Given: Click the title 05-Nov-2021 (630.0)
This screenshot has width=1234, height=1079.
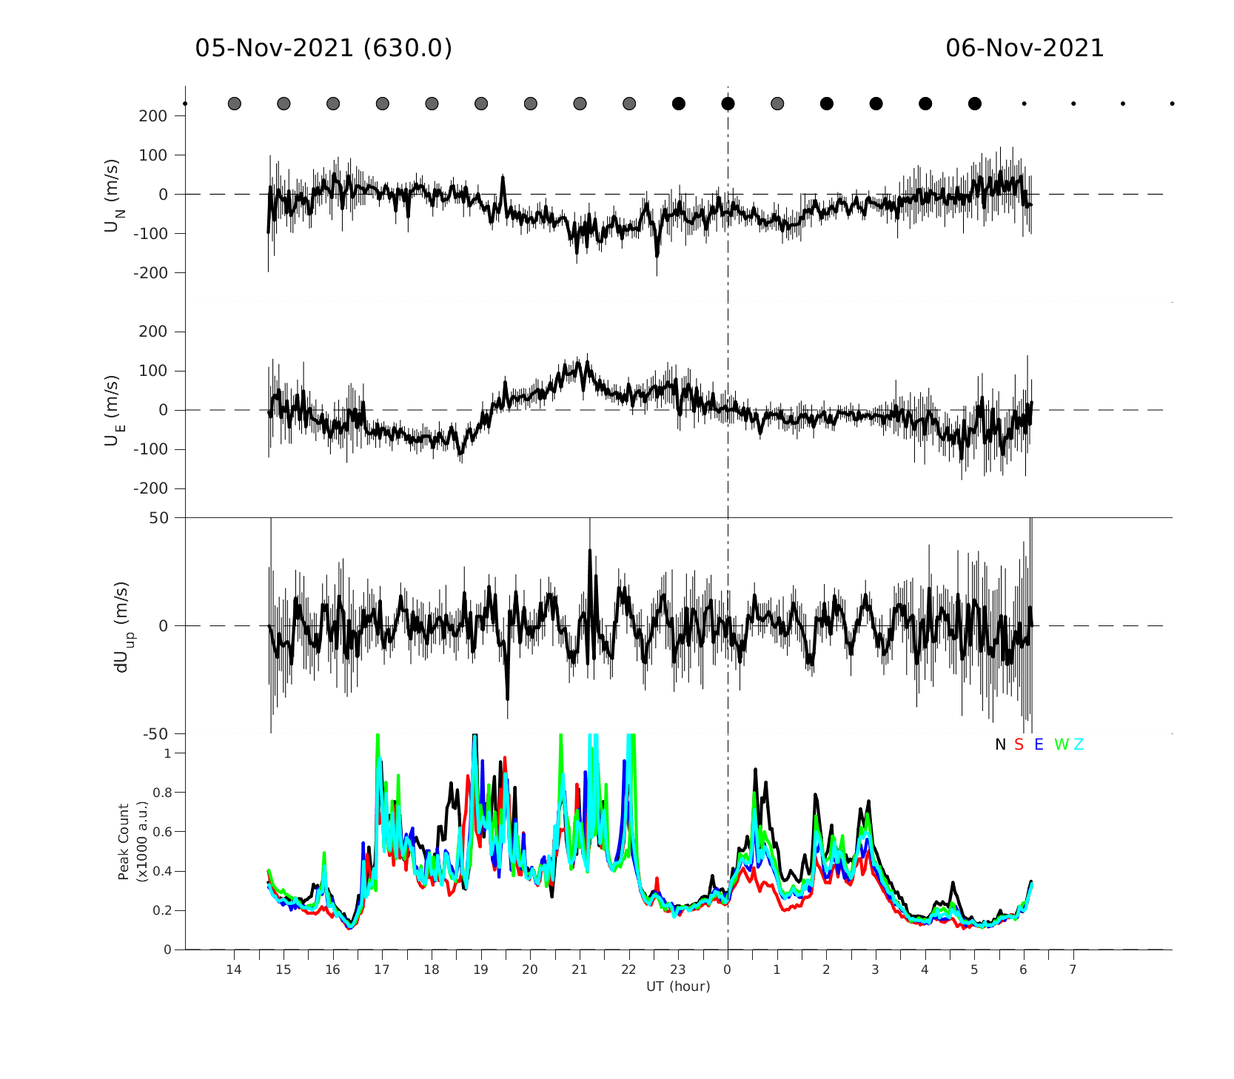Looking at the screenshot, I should point(323,49).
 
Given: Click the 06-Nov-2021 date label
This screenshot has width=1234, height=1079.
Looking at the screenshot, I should point(1025,49).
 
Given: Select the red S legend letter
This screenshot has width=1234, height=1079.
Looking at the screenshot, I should point(1019,744).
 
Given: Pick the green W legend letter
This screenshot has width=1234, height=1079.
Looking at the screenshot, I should point(1062,744).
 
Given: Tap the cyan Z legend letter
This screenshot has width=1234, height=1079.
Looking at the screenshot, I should point(1079,744).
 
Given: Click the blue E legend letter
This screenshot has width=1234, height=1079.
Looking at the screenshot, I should point(1039,744).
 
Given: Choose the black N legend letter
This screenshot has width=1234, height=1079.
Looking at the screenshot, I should point(1000,744).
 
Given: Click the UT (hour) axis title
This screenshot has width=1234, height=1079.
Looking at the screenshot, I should point(678,986).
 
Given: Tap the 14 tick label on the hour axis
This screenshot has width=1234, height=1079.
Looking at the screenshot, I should point(234,969).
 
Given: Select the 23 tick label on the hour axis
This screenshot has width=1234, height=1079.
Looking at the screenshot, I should point(678,969).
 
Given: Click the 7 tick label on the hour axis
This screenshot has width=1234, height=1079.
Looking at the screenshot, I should point(1073,969).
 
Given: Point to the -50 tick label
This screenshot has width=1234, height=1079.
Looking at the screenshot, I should point(155,734).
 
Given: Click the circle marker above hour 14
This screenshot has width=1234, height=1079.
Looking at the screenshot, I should point(235,104).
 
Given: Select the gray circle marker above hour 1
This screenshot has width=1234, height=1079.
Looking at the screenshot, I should point(777,104).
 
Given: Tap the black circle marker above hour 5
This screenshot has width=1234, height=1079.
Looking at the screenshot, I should point(975,104).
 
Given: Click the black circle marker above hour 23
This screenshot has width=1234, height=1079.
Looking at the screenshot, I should point(679,104).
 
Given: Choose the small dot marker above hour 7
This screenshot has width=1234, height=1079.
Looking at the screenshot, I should point(1073,104).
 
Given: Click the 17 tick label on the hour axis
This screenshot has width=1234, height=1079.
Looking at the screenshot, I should point(382,969).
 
